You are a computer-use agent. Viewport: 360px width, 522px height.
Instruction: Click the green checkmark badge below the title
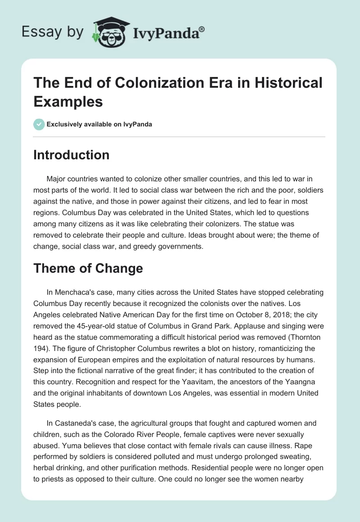pos(39,124)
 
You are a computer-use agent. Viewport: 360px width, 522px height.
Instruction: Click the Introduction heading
pos(72,155)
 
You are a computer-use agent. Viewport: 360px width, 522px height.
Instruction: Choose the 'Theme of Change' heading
pos(88,269)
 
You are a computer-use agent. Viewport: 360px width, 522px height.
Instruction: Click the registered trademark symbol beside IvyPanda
pos(202,28)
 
